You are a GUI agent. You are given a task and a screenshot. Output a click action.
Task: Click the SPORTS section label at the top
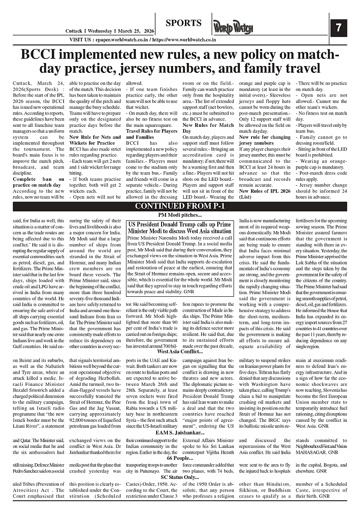[x=183, y=23]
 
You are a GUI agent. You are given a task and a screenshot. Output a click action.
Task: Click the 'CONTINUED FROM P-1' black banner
[x=180, y=206]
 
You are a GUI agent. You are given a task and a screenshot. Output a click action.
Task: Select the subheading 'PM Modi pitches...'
[x=180, y=215]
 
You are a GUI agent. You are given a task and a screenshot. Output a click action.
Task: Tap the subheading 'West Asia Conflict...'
[x=180, y=352]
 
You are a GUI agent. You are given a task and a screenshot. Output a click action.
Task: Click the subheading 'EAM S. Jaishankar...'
[x=180, y=432]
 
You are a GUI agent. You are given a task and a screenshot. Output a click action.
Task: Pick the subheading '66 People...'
[x=180, y=458]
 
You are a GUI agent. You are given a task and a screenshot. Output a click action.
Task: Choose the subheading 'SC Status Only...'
[x=180, y=477]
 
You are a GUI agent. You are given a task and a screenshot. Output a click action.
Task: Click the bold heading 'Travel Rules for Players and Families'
[x=151, y=134]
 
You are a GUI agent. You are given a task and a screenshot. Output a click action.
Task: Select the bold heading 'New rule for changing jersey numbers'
[x=265, y=140]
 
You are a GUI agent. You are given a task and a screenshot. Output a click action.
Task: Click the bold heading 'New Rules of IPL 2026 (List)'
[x=265, y=193]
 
